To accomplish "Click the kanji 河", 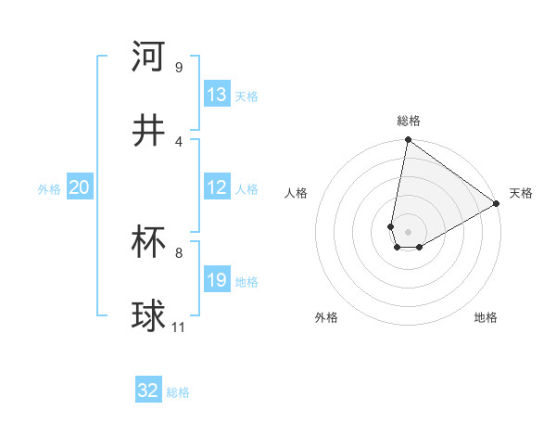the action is [149, 57].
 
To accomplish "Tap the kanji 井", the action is [149, 131].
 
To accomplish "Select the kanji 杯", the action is [149, 242].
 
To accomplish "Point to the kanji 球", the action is [149, 316].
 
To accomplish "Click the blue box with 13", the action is [217, 95].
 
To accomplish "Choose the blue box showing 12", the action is [217, 187].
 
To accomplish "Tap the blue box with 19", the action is [217, 280].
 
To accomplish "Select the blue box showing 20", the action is [80, 187].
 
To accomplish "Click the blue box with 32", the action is [148, 391].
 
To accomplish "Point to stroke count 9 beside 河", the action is [179, 68].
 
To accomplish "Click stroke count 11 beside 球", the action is [179, 327].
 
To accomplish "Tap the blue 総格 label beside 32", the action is [179, 392].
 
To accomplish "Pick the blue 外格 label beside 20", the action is [49, 189].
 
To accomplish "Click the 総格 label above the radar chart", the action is [409, 121].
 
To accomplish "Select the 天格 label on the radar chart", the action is [522, 193].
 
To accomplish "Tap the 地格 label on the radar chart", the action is [486, 317].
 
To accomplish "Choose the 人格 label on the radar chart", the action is [297, 193].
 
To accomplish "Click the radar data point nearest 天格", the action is [497, 204].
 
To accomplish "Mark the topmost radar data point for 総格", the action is [408, 141].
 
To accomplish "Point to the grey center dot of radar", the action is [408, 232].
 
